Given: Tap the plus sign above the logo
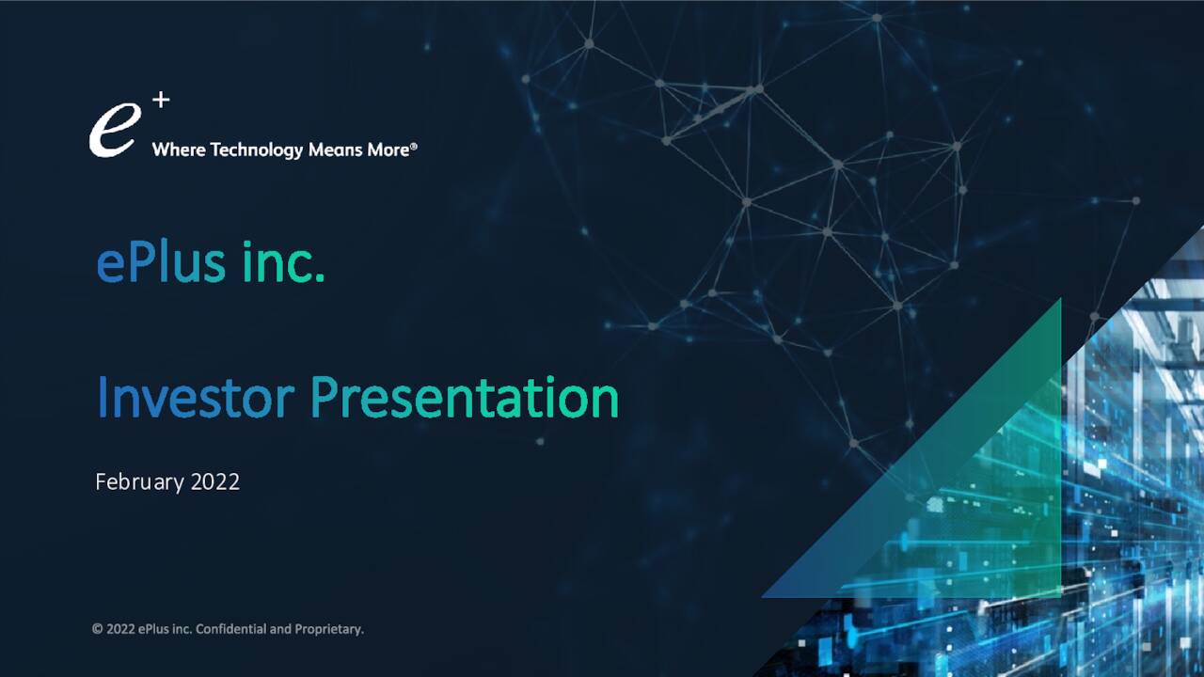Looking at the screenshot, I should pyautogui.click(x=161, y=100).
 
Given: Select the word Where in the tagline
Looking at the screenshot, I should pyautogui.click(x=179, y=150).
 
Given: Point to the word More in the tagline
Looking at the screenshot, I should pyautogui.click(x=387, y=150).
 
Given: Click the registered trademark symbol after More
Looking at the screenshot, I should pyautogui.click(x=414, y=147).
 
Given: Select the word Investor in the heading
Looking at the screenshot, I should pyautogui.click(x=196, y=398).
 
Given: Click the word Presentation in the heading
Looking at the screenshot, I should pyautogui.click(x=464, y=398).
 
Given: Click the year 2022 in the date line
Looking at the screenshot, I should pyautogui.click(x=215, y=482).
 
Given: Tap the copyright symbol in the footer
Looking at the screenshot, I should pyautogui.click(x=97, y=629).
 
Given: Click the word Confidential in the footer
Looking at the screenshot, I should pyautogui.click(x=230, y=629).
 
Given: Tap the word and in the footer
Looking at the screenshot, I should pyautogui.click(x=280, y=629).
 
